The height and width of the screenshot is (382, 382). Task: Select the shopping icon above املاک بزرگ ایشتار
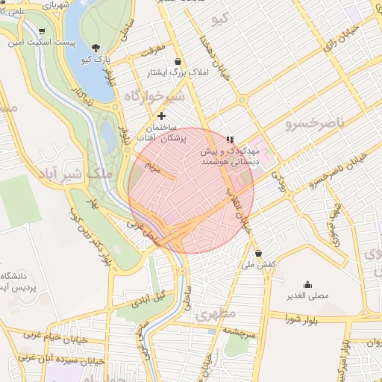(x=177, y=62)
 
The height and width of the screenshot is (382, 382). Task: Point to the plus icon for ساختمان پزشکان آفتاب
(x=161, y=116)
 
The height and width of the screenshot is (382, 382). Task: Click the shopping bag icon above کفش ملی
(x=258, y=253)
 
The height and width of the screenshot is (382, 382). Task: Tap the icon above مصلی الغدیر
(x=307, y=284)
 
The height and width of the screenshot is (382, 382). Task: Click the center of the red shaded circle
(x=191, y=190)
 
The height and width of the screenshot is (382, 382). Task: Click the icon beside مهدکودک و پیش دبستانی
(x=231, y=139)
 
